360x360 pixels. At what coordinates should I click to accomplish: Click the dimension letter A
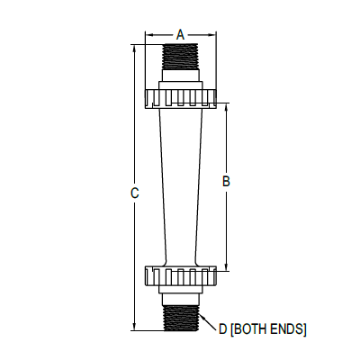click(180, 34)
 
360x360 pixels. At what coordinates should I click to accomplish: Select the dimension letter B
click(227, 182)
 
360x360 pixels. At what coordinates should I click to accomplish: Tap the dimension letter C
click(134, 192)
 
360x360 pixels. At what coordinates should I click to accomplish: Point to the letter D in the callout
click(222, 329)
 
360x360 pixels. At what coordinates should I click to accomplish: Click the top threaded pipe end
click(180, 63)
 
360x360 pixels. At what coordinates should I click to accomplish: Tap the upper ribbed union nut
click(180, 97)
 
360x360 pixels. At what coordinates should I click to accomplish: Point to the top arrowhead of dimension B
click(227, 108)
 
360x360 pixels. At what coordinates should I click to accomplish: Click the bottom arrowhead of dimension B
click(227, 266)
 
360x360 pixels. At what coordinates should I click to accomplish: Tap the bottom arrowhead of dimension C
click(134, 329)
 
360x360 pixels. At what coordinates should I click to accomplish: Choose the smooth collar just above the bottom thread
click(180, 294)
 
